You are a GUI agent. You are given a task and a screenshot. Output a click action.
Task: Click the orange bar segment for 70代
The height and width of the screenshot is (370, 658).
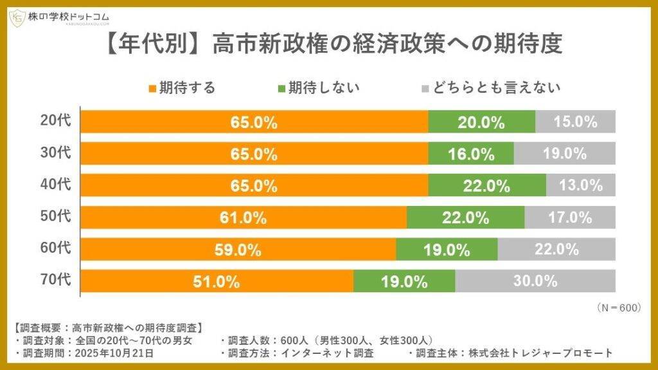pyautogui.click(x=217, y=281)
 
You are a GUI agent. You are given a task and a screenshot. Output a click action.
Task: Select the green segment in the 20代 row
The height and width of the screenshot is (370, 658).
pyautogui.click(x=481, y=122)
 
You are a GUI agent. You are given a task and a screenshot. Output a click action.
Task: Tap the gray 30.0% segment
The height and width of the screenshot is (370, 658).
pyautogui.click(x=535, y=281)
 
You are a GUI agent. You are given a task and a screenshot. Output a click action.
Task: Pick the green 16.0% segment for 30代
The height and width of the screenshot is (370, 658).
pyautogui.click(x=470, y=154)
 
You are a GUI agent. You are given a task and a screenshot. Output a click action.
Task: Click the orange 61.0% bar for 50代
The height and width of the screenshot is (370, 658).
pyautogui.click(x=244, y=217)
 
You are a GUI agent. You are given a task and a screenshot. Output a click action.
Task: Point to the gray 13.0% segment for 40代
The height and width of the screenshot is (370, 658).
pyautogui.click(x=580, y=185)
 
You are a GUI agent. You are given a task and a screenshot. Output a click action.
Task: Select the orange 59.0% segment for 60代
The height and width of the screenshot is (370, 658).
pyautogui.click(x=238, y=250)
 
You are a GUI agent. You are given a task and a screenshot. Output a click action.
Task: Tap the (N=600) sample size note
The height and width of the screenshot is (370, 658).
pyautogui.click(x=619, y=308)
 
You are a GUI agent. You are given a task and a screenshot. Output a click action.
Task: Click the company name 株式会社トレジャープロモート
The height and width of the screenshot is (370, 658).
pyautogui.click(x=540, y=353)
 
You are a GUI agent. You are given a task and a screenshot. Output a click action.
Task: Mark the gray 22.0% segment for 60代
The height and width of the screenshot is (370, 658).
pyautogui.click(x=556, y=250)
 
